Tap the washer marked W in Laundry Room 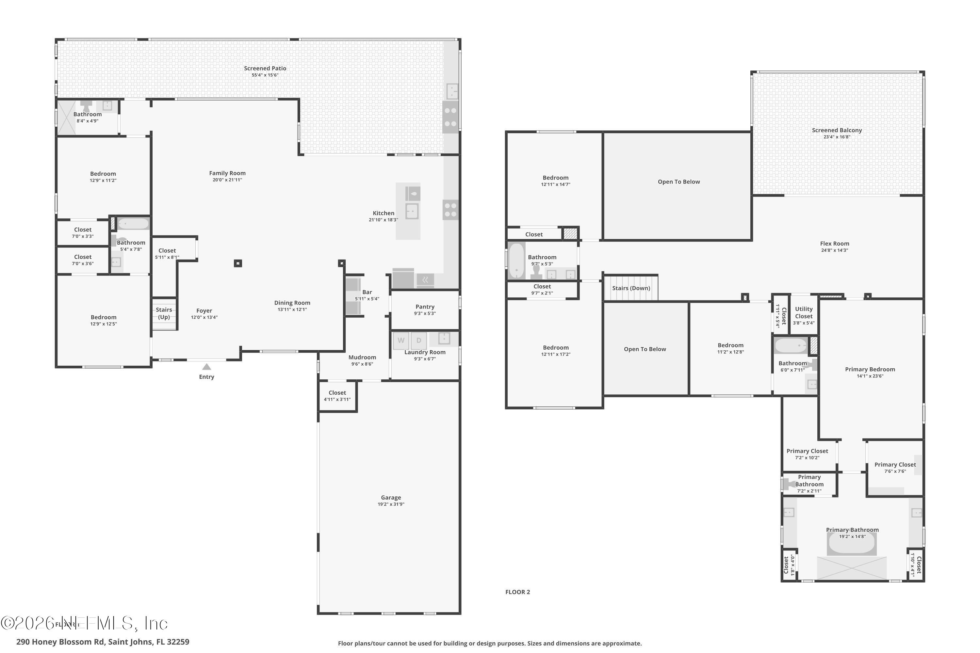(401, 340)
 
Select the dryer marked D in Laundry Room (419, 340)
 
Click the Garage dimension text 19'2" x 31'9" (391, 504)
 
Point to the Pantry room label (425, 307)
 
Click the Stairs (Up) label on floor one (164, 313)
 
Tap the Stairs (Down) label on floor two (631, 288)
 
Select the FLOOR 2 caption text (517, 592)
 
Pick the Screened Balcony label (837, 130)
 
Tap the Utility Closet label (803, 312)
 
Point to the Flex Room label (834, 244)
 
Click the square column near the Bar (341, 263)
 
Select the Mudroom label (362, 357)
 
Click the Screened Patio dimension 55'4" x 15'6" (265, 75)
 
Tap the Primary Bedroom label (870, 369)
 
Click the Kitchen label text (383, 213)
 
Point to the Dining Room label (292, 303)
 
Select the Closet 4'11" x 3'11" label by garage (337, 393)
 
